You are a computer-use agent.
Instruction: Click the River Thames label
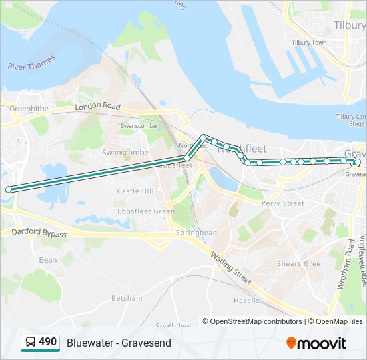[x=32, y=62]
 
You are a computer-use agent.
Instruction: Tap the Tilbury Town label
[x=309, y=43]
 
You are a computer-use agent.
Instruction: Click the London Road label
[x=97, y=107]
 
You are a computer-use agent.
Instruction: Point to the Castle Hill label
[x=135, y=191]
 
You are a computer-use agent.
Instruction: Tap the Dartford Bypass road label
[x=39, y=234]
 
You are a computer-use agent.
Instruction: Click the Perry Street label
[x=282, y=203]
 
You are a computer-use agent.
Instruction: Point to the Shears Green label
[x=301, y=264]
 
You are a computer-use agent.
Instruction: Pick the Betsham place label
[x=127, y=298]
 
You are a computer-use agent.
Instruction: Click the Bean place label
[x=48, y=260]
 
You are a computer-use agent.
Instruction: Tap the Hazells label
[x=246, y=301]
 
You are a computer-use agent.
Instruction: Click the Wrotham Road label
[x=347, y=263]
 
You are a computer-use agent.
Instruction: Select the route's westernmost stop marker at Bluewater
[x=9, y=190]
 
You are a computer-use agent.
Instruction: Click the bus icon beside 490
[x=30, y=343]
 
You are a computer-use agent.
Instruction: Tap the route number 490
[x=48, y=342]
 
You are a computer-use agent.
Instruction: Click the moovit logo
[x=316, y=343]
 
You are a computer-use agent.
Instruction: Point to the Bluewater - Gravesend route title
[x=119, y=343]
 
